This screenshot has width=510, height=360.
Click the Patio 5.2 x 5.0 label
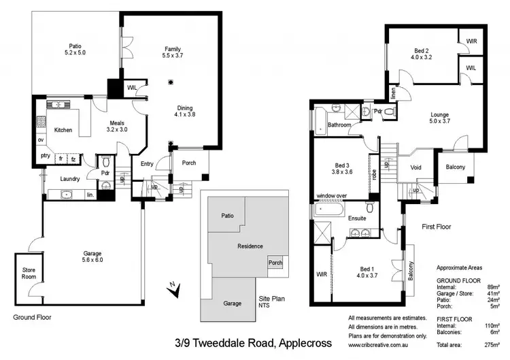coord(75,49)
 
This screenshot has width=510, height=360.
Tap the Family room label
coord(171,52)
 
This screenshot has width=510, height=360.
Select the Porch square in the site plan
coord(275,262)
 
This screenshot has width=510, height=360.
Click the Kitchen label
coord(63,129)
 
